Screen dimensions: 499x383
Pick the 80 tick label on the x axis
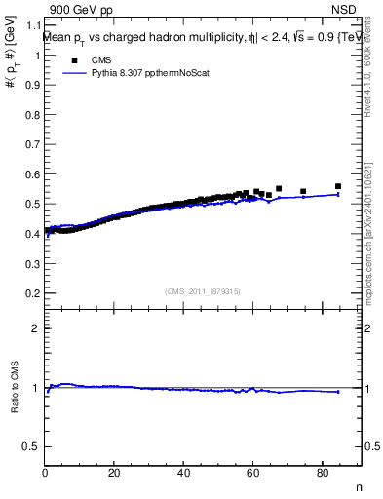[323, 474]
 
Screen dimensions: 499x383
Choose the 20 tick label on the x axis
[115, 474]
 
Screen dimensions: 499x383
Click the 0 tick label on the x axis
[46, 474]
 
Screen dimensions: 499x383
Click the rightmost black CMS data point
[338, 186]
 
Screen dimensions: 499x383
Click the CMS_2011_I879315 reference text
[202, 290]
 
